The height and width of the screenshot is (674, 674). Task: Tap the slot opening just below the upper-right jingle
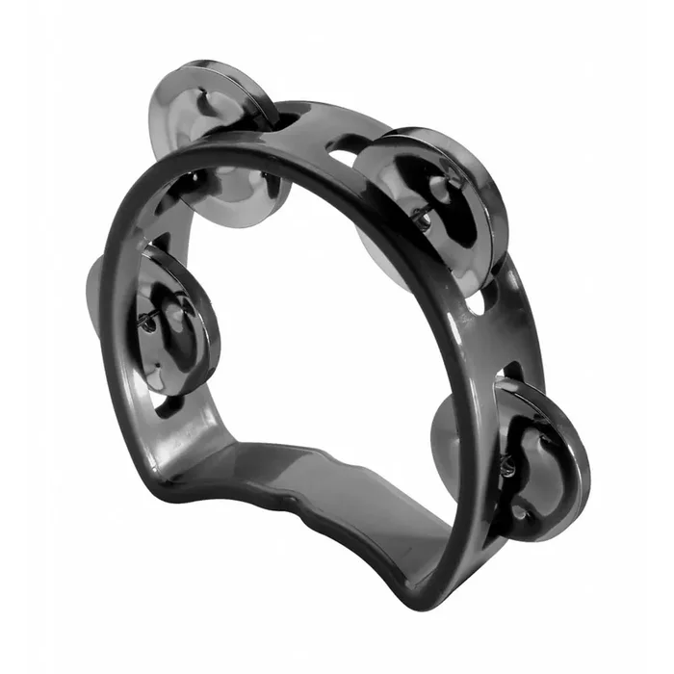tap(476, 308)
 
